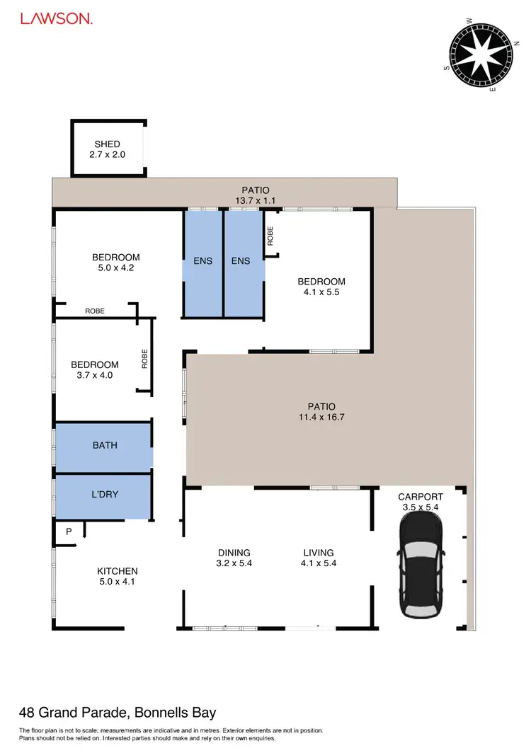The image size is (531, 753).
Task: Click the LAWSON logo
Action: [56, 19]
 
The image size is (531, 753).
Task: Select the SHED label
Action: [107, 144]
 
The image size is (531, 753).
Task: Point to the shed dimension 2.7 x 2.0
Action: [107, 154]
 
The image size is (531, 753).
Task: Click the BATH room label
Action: [105, 445]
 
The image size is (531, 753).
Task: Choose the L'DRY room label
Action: [105, 495]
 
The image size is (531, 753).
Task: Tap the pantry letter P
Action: [69, 531]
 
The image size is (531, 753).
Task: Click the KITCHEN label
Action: [118, 571]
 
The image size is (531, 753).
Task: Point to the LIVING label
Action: [319, 553]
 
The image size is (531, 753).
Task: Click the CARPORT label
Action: [421, 497]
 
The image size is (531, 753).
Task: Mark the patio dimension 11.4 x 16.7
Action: [321, 418]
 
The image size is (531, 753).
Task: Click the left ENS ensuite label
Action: [203, 260]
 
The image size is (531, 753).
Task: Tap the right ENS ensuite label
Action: [241, 260]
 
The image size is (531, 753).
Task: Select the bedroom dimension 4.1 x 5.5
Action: [321, 292]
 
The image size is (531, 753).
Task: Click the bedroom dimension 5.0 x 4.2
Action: [116, 268]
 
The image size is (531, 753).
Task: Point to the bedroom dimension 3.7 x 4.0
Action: [95, 375]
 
